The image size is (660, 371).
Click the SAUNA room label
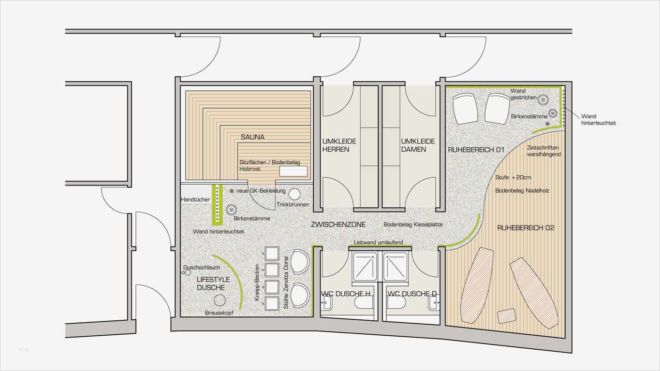point(252,137)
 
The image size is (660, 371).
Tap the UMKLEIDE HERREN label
point(339,145)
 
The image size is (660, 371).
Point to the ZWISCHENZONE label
point(338,225)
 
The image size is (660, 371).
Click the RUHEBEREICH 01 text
point(476,150)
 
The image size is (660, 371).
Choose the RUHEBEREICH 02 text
point(526,228)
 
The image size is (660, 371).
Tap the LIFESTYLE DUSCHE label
point(213,284)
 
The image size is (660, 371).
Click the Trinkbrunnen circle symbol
point(294,194)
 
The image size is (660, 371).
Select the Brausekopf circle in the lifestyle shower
point(220,300)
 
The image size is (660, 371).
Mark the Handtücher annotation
point(195,200)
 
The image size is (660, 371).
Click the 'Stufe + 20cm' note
point(513,178)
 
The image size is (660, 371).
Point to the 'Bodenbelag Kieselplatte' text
point(413,225)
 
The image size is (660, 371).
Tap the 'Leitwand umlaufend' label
point(378,243)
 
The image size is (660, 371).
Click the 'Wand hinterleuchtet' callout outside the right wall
point(599,120)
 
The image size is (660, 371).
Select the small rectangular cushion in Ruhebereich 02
point(507,316)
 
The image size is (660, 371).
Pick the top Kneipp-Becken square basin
point(272,254)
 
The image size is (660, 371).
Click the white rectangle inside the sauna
point(293,171)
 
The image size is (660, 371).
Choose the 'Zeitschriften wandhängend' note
point(543,151)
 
